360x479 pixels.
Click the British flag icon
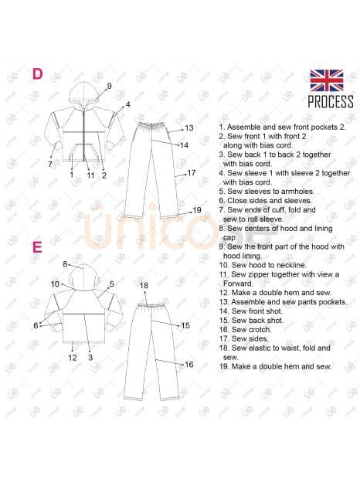click(x=327, y=80)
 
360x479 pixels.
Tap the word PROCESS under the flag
click(x=331, y=102)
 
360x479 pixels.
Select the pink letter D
click(x=38, y=74)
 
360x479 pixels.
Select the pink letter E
click(x=37, y=247)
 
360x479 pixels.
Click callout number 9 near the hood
click(x=109, y=87)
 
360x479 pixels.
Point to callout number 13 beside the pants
click(x=189, y=127)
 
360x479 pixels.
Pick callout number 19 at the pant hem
click(x=197, y=210)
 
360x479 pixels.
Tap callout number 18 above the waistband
click(x=144, y=285)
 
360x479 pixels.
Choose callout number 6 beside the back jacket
click(x=36, y=326)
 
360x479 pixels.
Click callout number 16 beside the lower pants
click(x=189, y=365)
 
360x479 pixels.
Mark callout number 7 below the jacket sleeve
click(x=50, y=164)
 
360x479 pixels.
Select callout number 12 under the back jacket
click(x=73, y=358)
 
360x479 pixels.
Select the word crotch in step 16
click(x=260, y=330)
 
